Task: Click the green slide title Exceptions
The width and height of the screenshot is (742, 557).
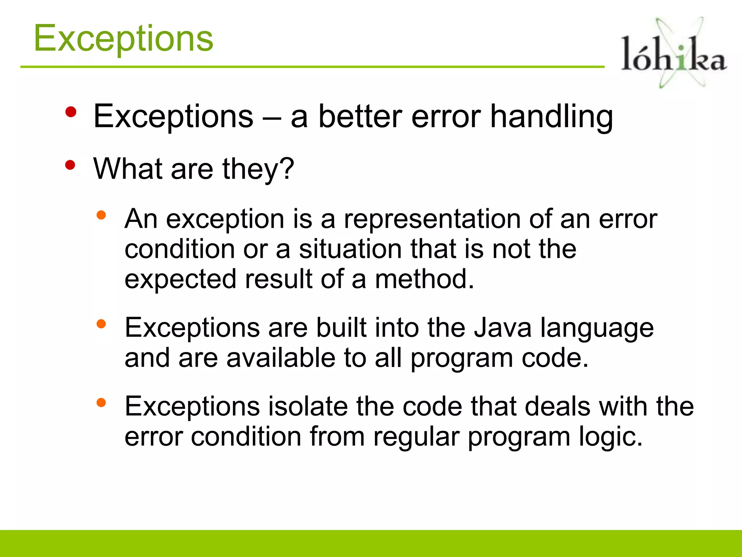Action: point(124,38)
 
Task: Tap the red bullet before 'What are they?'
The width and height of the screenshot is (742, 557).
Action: point(70,166)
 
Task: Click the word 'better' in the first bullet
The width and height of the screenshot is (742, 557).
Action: point(360,117)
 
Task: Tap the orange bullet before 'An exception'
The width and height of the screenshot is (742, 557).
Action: point(101,215)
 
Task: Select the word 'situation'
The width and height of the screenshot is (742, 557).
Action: point(350,249)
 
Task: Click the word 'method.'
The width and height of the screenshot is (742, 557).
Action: point(424,279)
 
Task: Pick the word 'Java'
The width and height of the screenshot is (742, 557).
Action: point(503,328)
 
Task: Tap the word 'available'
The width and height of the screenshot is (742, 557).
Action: point(281,358)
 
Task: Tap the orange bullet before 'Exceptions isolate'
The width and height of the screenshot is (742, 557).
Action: point(101,403)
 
